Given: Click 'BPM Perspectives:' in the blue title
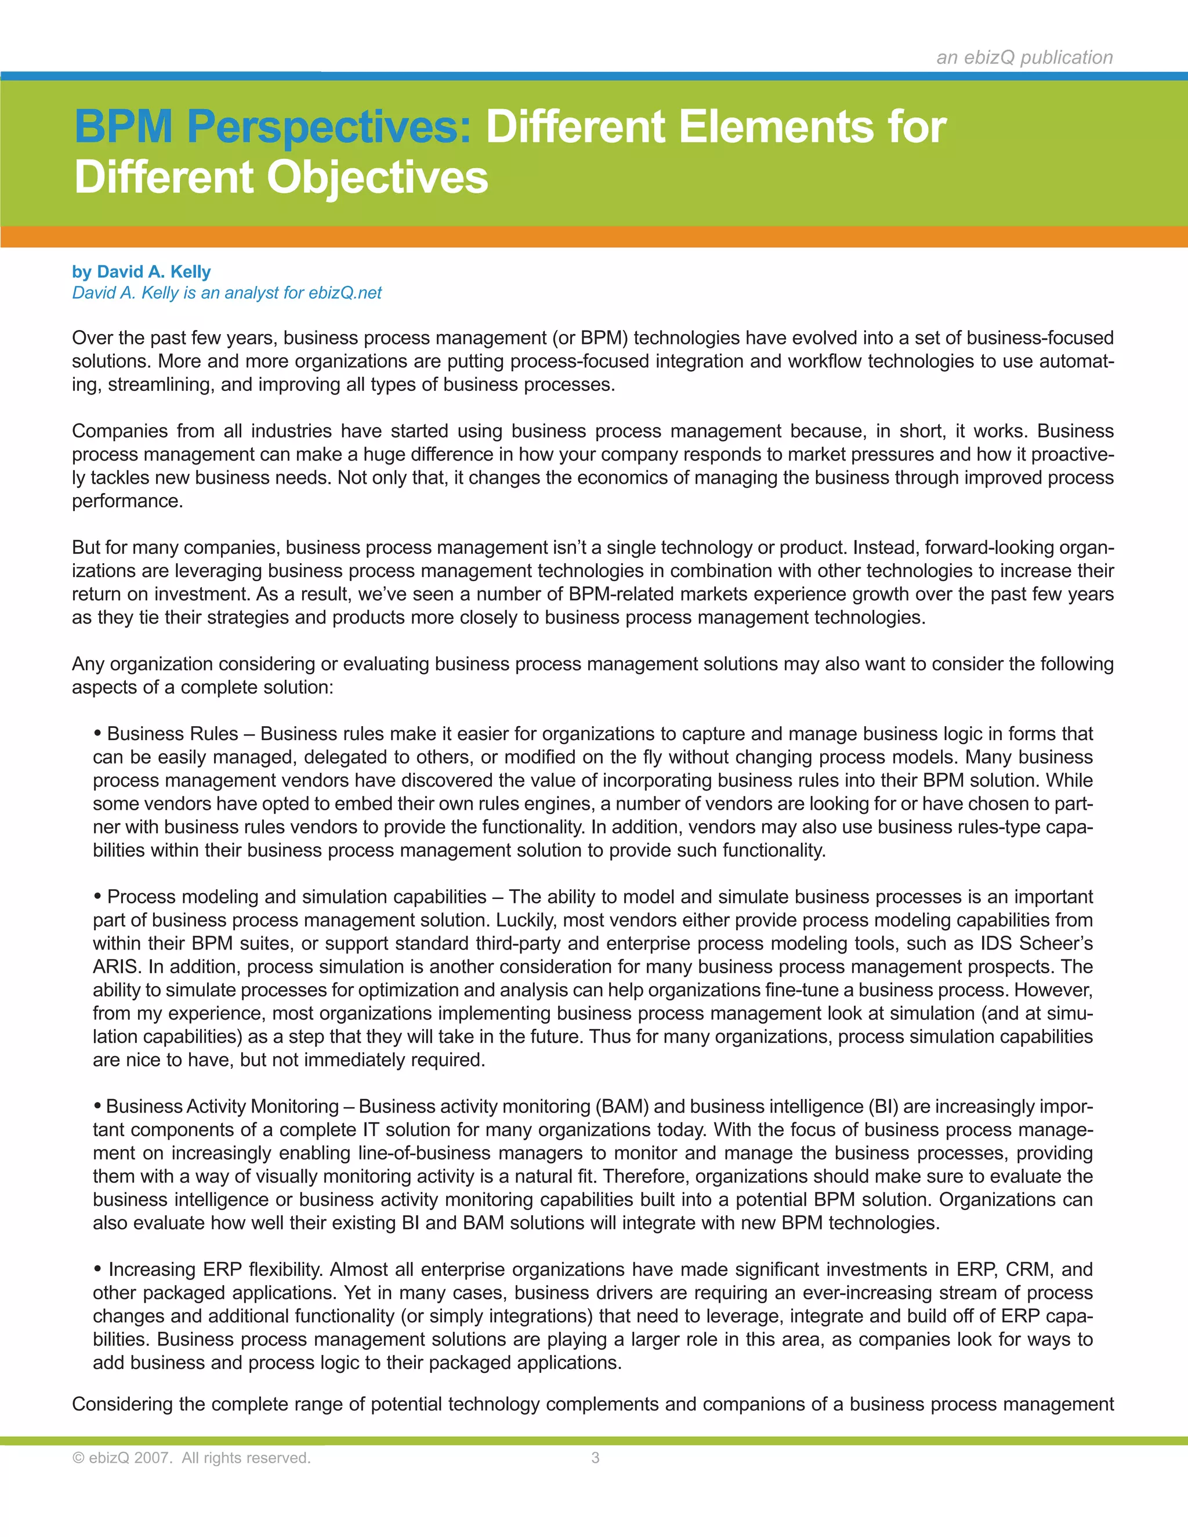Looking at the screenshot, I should (273, 128).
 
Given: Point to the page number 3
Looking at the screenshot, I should (595, 1458).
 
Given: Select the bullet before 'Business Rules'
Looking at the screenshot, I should (98, 733).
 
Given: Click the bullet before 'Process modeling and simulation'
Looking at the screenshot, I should (98, 897).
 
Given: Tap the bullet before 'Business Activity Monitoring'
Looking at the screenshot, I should (98, 1106).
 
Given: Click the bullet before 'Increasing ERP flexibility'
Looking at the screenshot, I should (98, 1269).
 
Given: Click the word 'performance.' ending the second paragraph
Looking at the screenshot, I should (128, 501).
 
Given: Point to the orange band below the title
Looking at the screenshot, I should (594, 237).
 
